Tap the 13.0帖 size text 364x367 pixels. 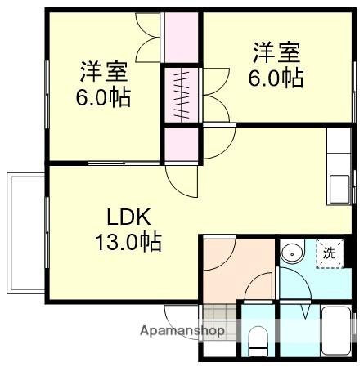tap(128, 242)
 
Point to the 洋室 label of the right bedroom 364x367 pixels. tap(276, 55)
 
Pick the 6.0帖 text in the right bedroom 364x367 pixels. tap(276, 78)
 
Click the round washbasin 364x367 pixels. tap(289, 254)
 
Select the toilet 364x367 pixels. tap(258, 338)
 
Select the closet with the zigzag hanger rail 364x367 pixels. tap(182, 95)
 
